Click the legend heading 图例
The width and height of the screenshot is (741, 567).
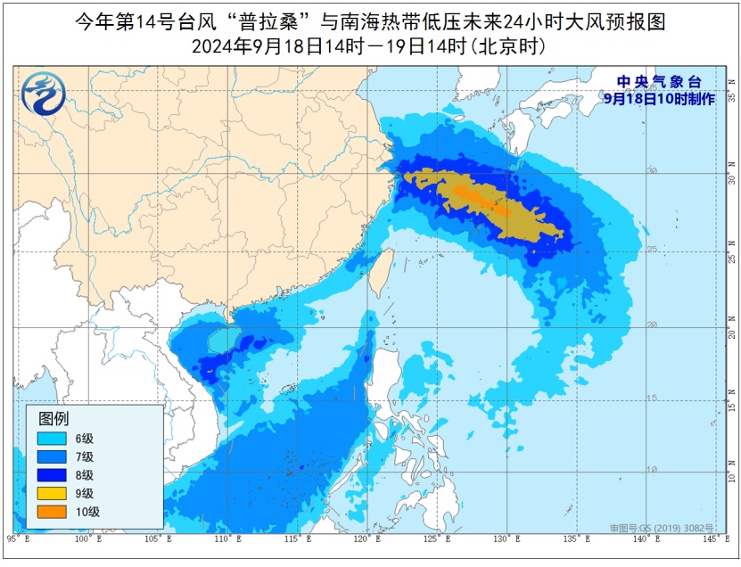coord(53,417)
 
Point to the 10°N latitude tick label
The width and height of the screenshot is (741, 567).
coord(730,470)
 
